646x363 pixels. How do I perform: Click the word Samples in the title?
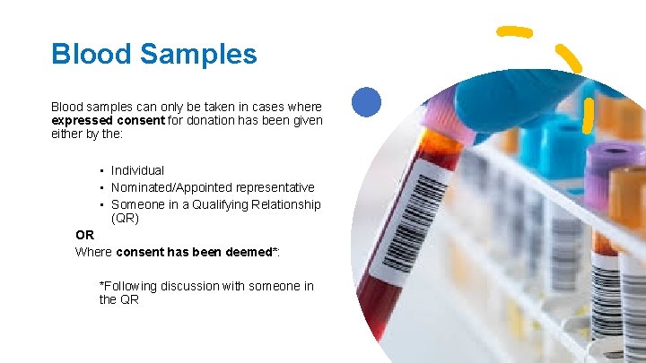click(x=198, y=54)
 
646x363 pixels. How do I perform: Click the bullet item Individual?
click(x=137, y=170)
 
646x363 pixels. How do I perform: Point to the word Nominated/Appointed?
click(x=171, y=187)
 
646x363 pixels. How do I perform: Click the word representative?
click(x=275, y=187)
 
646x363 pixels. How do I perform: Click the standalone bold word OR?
click(x=84, y=235)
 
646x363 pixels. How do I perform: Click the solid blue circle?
click(x=366, y=102)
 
